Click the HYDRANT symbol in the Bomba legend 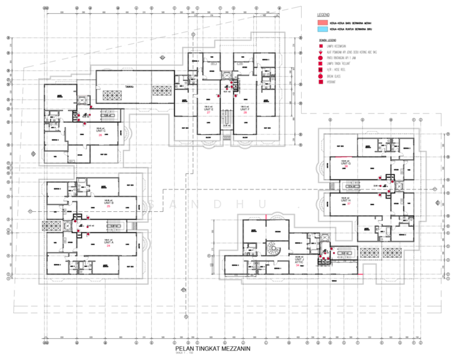click(x=322, y=83)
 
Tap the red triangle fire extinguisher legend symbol click(x=322, y=52)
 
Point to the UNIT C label click(x=100, y=131)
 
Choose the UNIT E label click(x=209, y=109)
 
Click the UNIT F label click(x=244, y=109)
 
